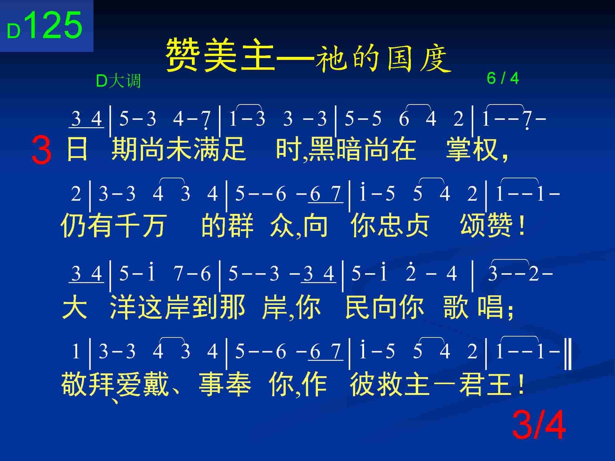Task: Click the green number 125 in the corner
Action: (55, 25)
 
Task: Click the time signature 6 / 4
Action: (503, 78)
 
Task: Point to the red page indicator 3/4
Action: (539, 425)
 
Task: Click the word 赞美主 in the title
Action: (220, 55)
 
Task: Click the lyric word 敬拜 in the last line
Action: (88, 384)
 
